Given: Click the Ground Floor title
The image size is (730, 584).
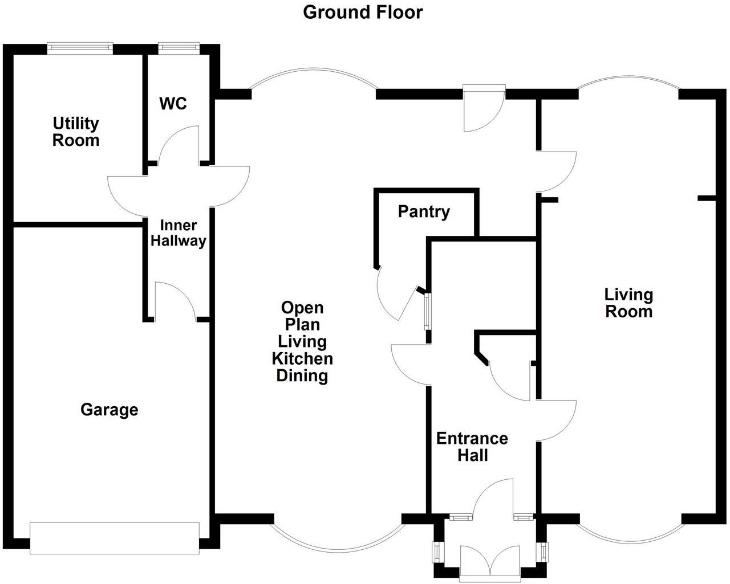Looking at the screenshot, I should coord(363,12).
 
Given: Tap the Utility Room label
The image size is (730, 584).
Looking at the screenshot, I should coord(76,132).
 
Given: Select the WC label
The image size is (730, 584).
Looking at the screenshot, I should coord(173,104).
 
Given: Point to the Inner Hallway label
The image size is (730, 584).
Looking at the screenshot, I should coord(178,233).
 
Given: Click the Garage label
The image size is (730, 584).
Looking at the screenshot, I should coord(109,410).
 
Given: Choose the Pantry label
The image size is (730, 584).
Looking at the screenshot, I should coord(424,212).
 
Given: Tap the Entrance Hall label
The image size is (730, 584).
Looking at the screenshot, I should coord(472,447).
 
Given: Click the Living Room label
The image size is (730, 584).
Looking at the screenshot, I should coord(628,303).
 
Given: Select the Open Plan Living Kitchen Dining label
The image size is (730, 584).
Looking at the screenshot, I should coord(302,341).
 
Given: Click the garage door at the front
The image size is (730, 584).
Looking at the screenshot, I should coord(115,538).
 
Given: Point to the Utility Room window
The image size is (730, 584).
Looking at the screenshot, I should coord(80,48).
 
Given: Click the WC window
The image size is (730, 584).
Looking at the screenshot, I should coord(179,48).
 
